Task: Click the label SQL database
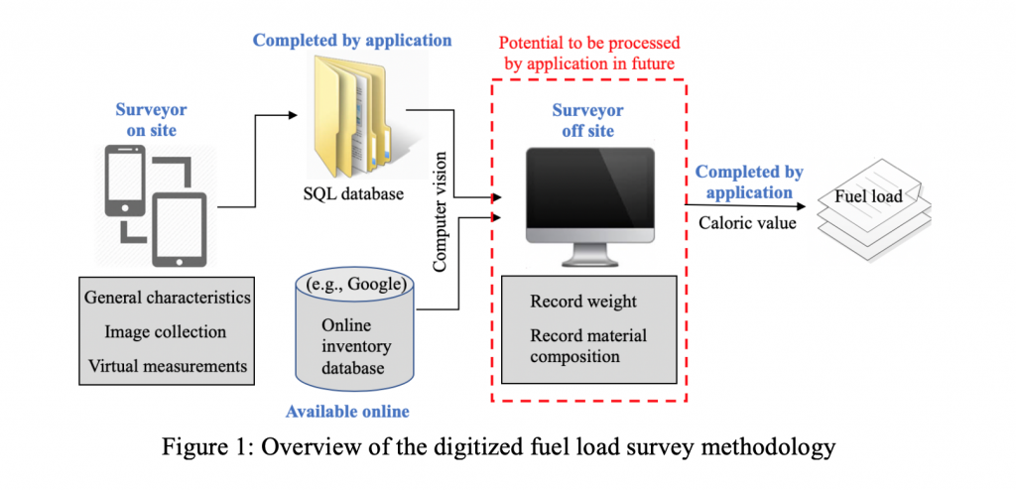tap(353, 193)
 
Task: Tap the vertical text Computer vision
tap(441, 210)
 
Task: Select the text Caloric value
tap(746, 223)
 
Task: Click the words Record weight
tap(583, 303)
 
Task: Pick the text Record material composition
tap(588, 346)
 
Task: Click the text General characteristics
tap(168, 298)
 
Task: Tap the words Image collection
tap(166, 332)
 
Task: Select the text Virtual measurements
tap(168, 366)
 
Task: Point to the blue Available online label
tap(348, 411)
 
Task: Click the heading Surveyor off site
tap(587, 120)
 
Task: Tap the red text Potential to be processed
tap(589, 44)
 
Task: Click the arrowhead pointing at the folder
tap(293, 115)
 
